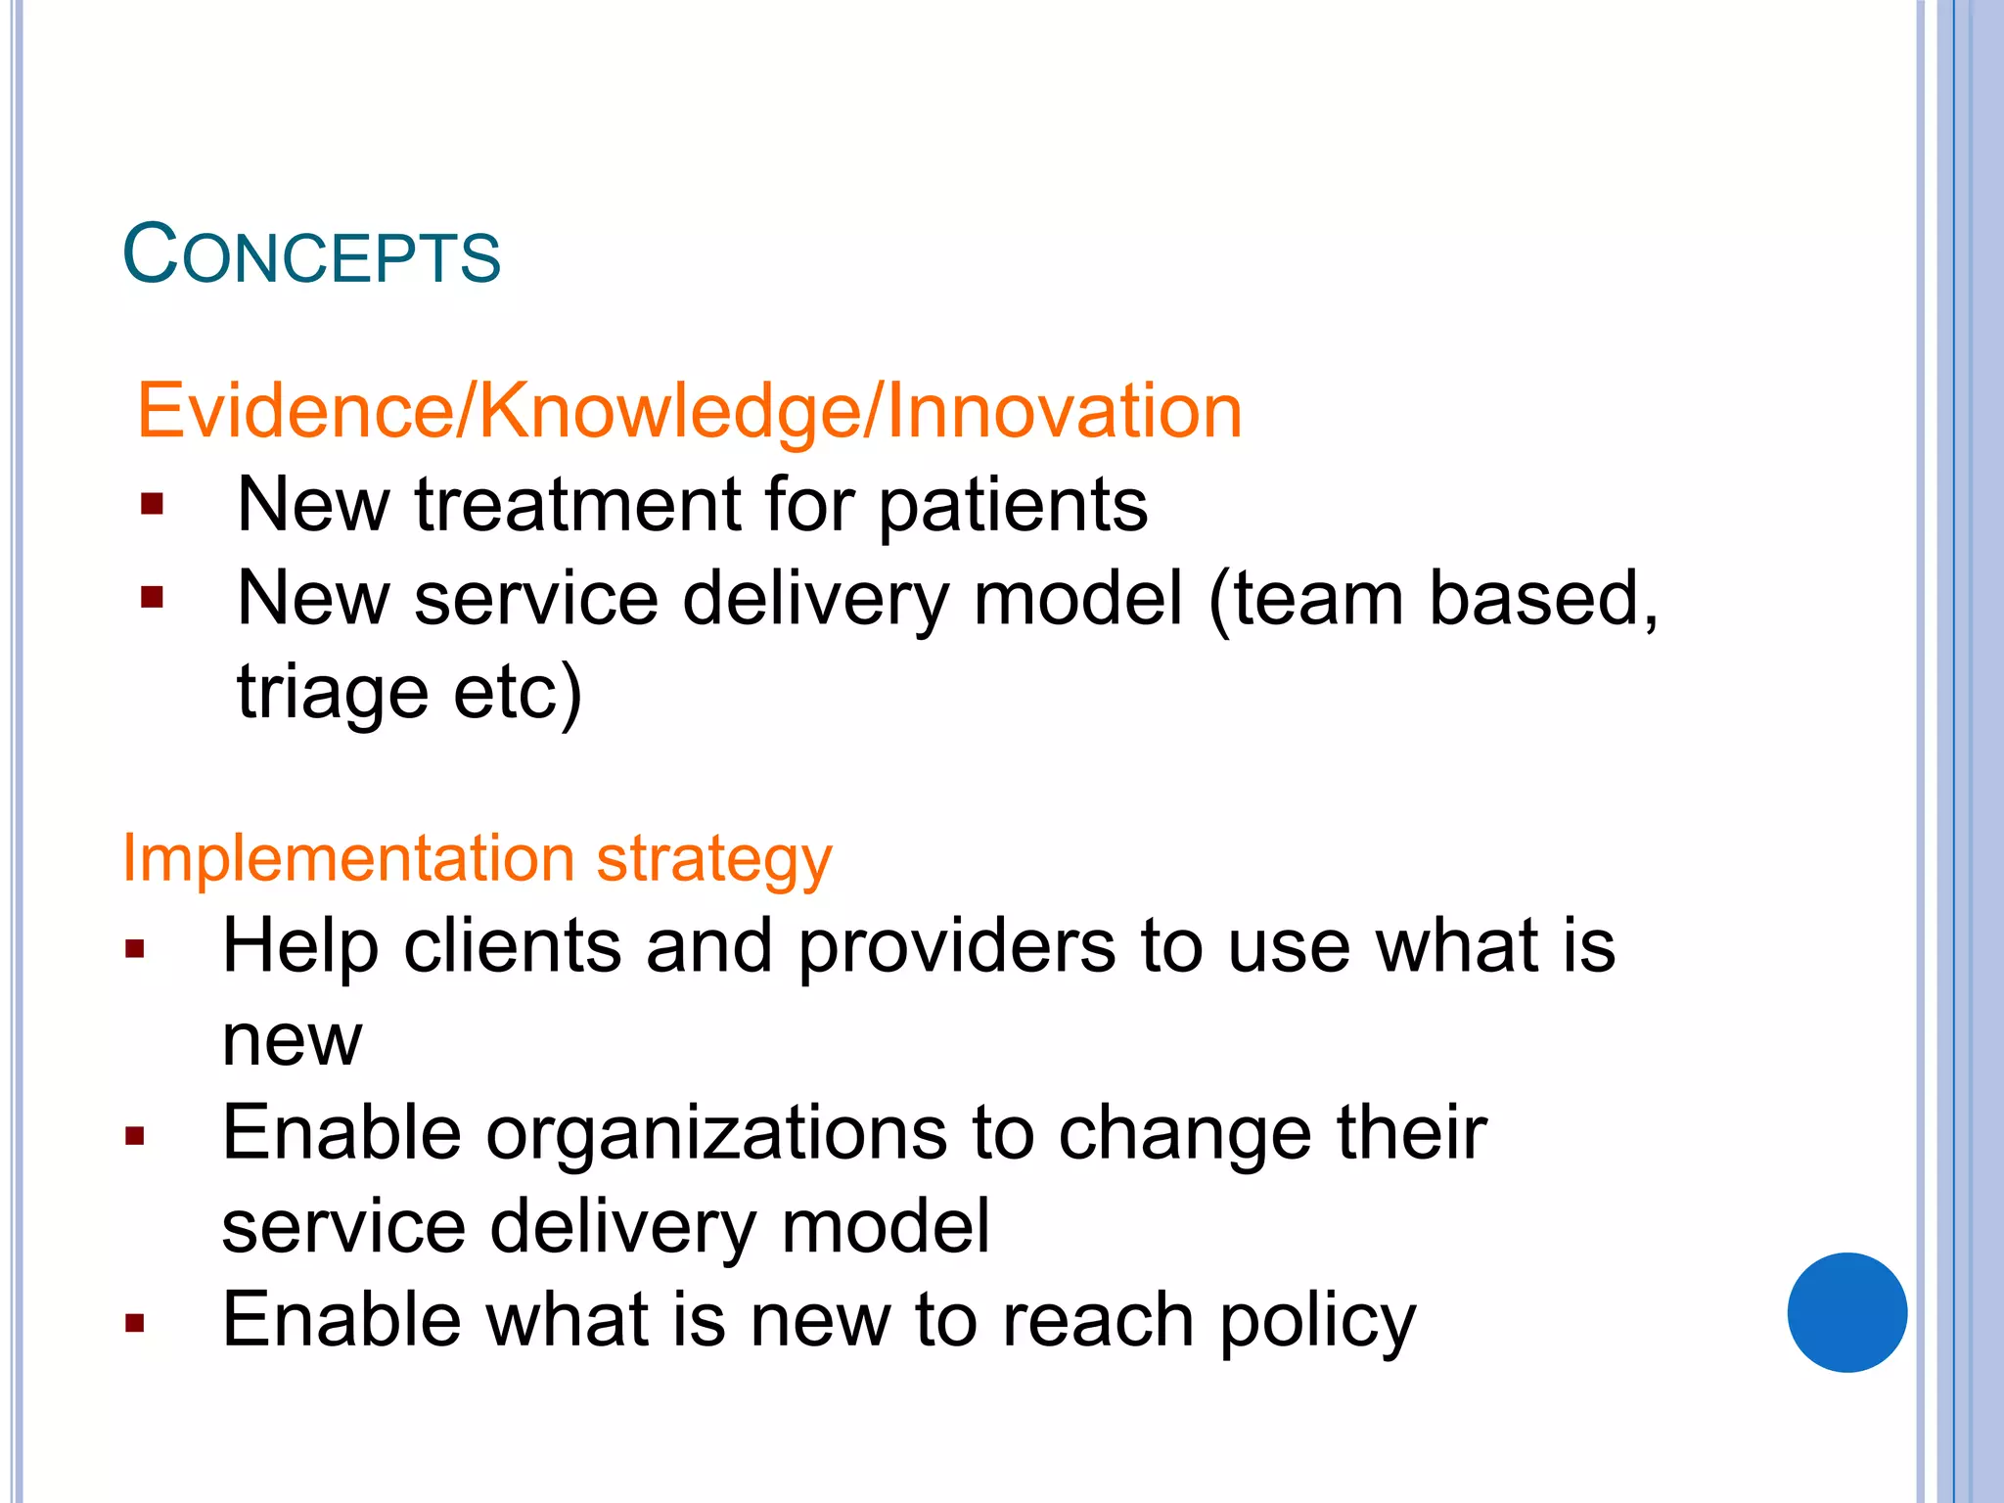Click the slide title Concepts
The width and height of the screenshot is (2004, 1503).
tap(311, 255)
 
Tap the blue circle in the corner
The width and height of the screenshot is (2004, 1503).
tap(1846, 1312)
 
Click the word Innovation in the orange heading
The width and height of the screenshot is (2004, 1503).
tap(1065, 411)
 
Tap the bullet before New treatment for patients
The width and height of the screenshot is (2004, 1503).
tap(152, 505)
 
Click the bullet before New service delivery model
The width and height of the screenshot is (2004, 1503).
tap(152, 597)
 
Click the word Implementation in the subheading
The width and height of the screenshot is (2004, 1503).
tap(347, 859)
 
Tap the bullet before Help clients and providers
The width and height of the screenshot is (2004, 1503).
tap(135, 947)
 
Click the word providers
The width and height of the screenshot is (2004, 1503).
tap(957, 947)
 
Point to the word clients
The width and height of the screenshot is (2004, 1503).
tap(512, 946)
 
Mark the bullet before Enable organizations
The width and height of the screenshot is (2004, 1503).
tap(135, 1135)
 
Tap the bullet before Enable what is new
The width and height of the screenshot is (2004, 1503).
tap(135, 1323)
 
